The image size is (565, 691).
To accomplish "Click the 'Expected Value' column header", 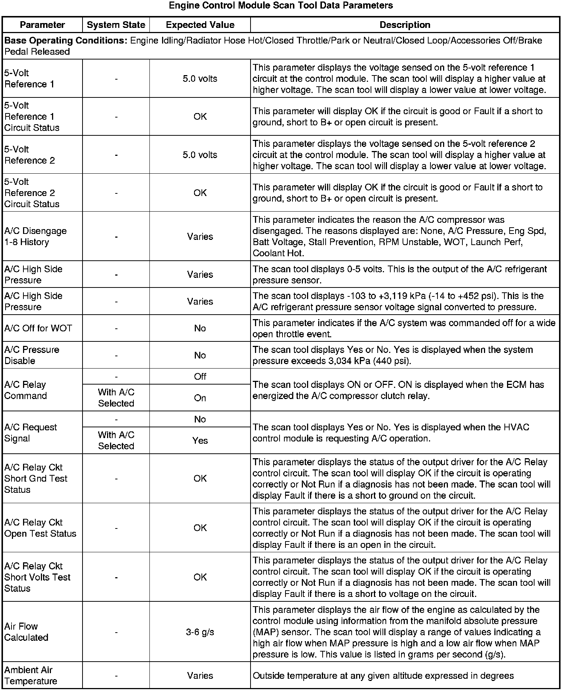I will (x=200, y=25).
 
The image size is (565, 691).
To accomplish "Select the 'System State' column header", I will (x=116, y=25).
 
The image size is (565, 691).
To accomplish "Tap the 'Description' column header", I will (x=405, y=25).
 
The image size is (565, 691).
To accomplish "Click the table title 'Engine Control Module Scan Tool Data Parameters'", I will (x=281, y=6).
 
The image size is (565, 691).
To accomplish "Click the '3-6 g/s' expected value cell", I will (x=200, y=632).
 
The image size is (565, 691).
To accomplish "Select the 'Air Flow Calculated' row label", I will (x=26, y=632).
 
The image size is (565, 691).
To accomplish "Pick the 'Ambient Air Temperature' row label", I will (x=30, y=675).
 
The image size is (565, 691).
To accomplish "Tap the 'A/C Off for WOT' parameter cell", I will (x=38, y=328).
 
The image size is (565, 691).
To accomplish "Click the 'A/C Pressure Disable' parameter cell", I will (x=32, y=355).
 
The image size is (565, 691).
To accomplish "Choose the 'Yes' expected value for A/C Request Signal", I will (x=200, y=441).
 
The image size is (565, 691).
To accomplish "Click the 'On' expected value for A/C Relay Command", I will (x=200, y=398).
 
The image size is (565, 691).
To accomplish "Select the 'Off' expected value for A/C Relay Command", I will (x=200, y=376).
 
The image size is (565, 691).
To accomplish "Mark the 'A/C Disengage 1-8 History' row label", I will (x=35, y=237).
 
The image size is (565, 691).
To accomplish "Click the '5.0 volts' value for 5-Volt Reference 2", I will (x=200, y=155).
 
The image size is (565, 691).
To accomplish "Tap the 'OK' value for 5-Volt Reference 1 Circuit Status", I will (x=200, y=116).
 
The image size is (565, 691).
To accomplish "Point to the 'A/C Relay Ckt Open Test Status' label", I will (x=40, y=528).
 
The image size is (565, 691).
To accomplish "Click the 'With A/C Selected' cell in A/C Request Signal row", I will (x=116, y=440).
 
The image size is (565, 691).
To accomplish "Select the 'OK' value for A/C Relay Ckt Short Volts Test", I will (x=200, y=577).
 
